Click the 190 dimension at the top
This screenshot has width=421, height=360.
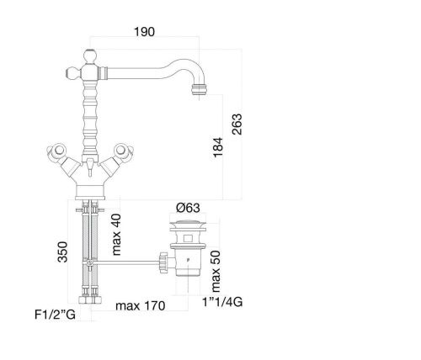click(x=144, y=32)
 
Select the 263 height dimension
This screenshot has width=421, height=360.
click(x=237, y=124)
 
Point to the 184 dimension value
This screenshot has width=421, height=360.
click(x=218, y=147)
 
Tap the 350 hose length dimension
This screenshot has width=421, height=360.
click(x=62, y=252)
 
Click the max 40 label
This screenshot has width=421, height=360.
click(x=116, y=235)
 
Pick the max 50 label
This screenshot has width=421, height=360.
click(x=216, y=271)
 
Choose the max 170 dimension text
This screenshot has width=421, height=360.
click(x=141, y=305)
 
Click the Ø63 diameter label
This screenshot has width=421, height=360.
click(x=188, y=208)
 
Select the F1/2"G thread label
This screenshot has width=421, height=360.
click(x=55, y=315)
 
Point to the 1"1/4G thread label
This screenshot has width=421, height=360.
click(x=222, y=302)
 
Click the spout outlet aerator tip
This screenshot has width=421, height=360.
click(x=199, y=89)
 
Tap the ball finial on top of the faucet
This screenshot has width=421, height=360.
click(x=90, y=56)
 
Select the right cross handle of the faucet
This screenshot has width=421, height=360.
click(x=124, y=151)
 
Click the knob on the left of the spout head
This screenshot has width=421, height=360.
click(x=73, y=73)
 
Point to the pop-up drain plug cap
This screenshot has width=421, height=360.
click(x=188, y=224)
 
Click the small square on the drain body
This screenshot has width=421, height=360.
click(x=188, y=239)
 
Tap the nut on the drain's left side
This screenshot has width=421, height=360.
click(x=163, y=262)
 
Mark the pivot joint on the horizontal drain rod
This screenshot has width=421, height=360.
click(x=90, y=263)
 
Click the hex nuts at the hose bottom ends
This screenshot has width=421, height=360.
click(x=90, y=299)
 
